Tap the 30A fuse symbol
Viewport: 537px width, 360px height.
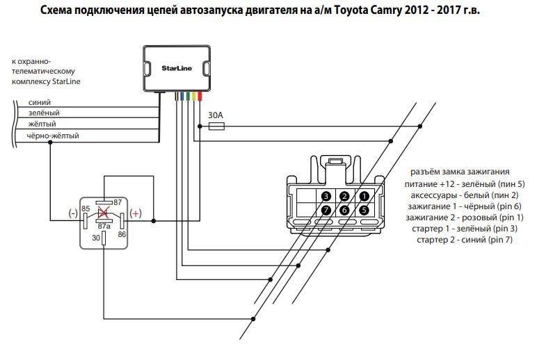pyautogui.click(x=216, y=126)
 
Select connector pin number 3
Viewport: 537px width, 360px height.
pyautogui.click(x=325, y=196)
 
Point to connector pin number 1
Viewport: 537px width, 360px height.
pyautogui.click(x=362, y=196)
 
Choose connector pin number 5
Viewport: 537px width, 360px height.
pyautogui.click(x=362, y=209)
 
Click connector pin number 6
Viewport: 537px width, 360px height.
pyautogui.click(x=344, y=209)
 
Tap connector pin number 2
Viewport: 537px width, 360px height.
pyautogui.click(x=344, y=196)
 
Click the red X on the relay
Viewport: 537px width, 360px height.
pyautogui.click(x=104, y=213)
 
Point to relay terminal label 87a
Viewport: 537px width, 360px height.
pyautogui.click(x=104, y=226)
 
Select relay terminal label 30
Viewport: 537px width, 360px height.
pyautogui.click(x=95, y=238)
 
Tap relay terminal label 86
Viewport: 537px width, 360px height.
pyautogui.click(x=123, y=235)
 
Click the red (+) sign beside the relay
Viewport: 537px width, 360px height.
pyautogui.click(x=136, y=213)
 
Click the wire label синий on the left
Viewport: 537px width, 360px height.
pyautogui.click(x=38, y=102)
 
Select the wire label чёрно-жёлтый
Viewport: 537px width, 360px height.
pyautogui.click(x=53, y=136)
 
